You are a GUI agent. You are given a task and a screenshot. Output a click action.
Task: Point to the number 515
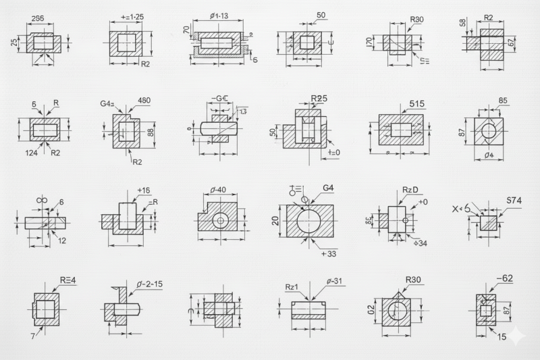pyautogui.click(x=418, y=104)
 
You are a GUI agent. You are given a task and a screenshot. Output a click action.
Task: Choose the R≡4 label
pyautogui.click(x=68, y=280)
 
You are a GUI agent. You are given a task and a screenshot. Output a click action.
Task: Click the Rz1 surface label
pyautogui.click(x=292, y=287)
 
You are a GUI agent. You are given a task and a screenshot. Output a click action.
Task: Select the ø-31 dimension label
pyautogui.click(x=335, y=282)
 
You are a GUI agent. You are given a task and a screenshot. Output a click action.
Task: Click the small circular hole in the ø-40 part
pyautogui.click(x=220, y=220)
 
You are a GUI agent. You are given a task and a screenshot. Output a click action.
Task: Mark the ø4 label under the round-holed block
pyautogui.click(x=489, y=157)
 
